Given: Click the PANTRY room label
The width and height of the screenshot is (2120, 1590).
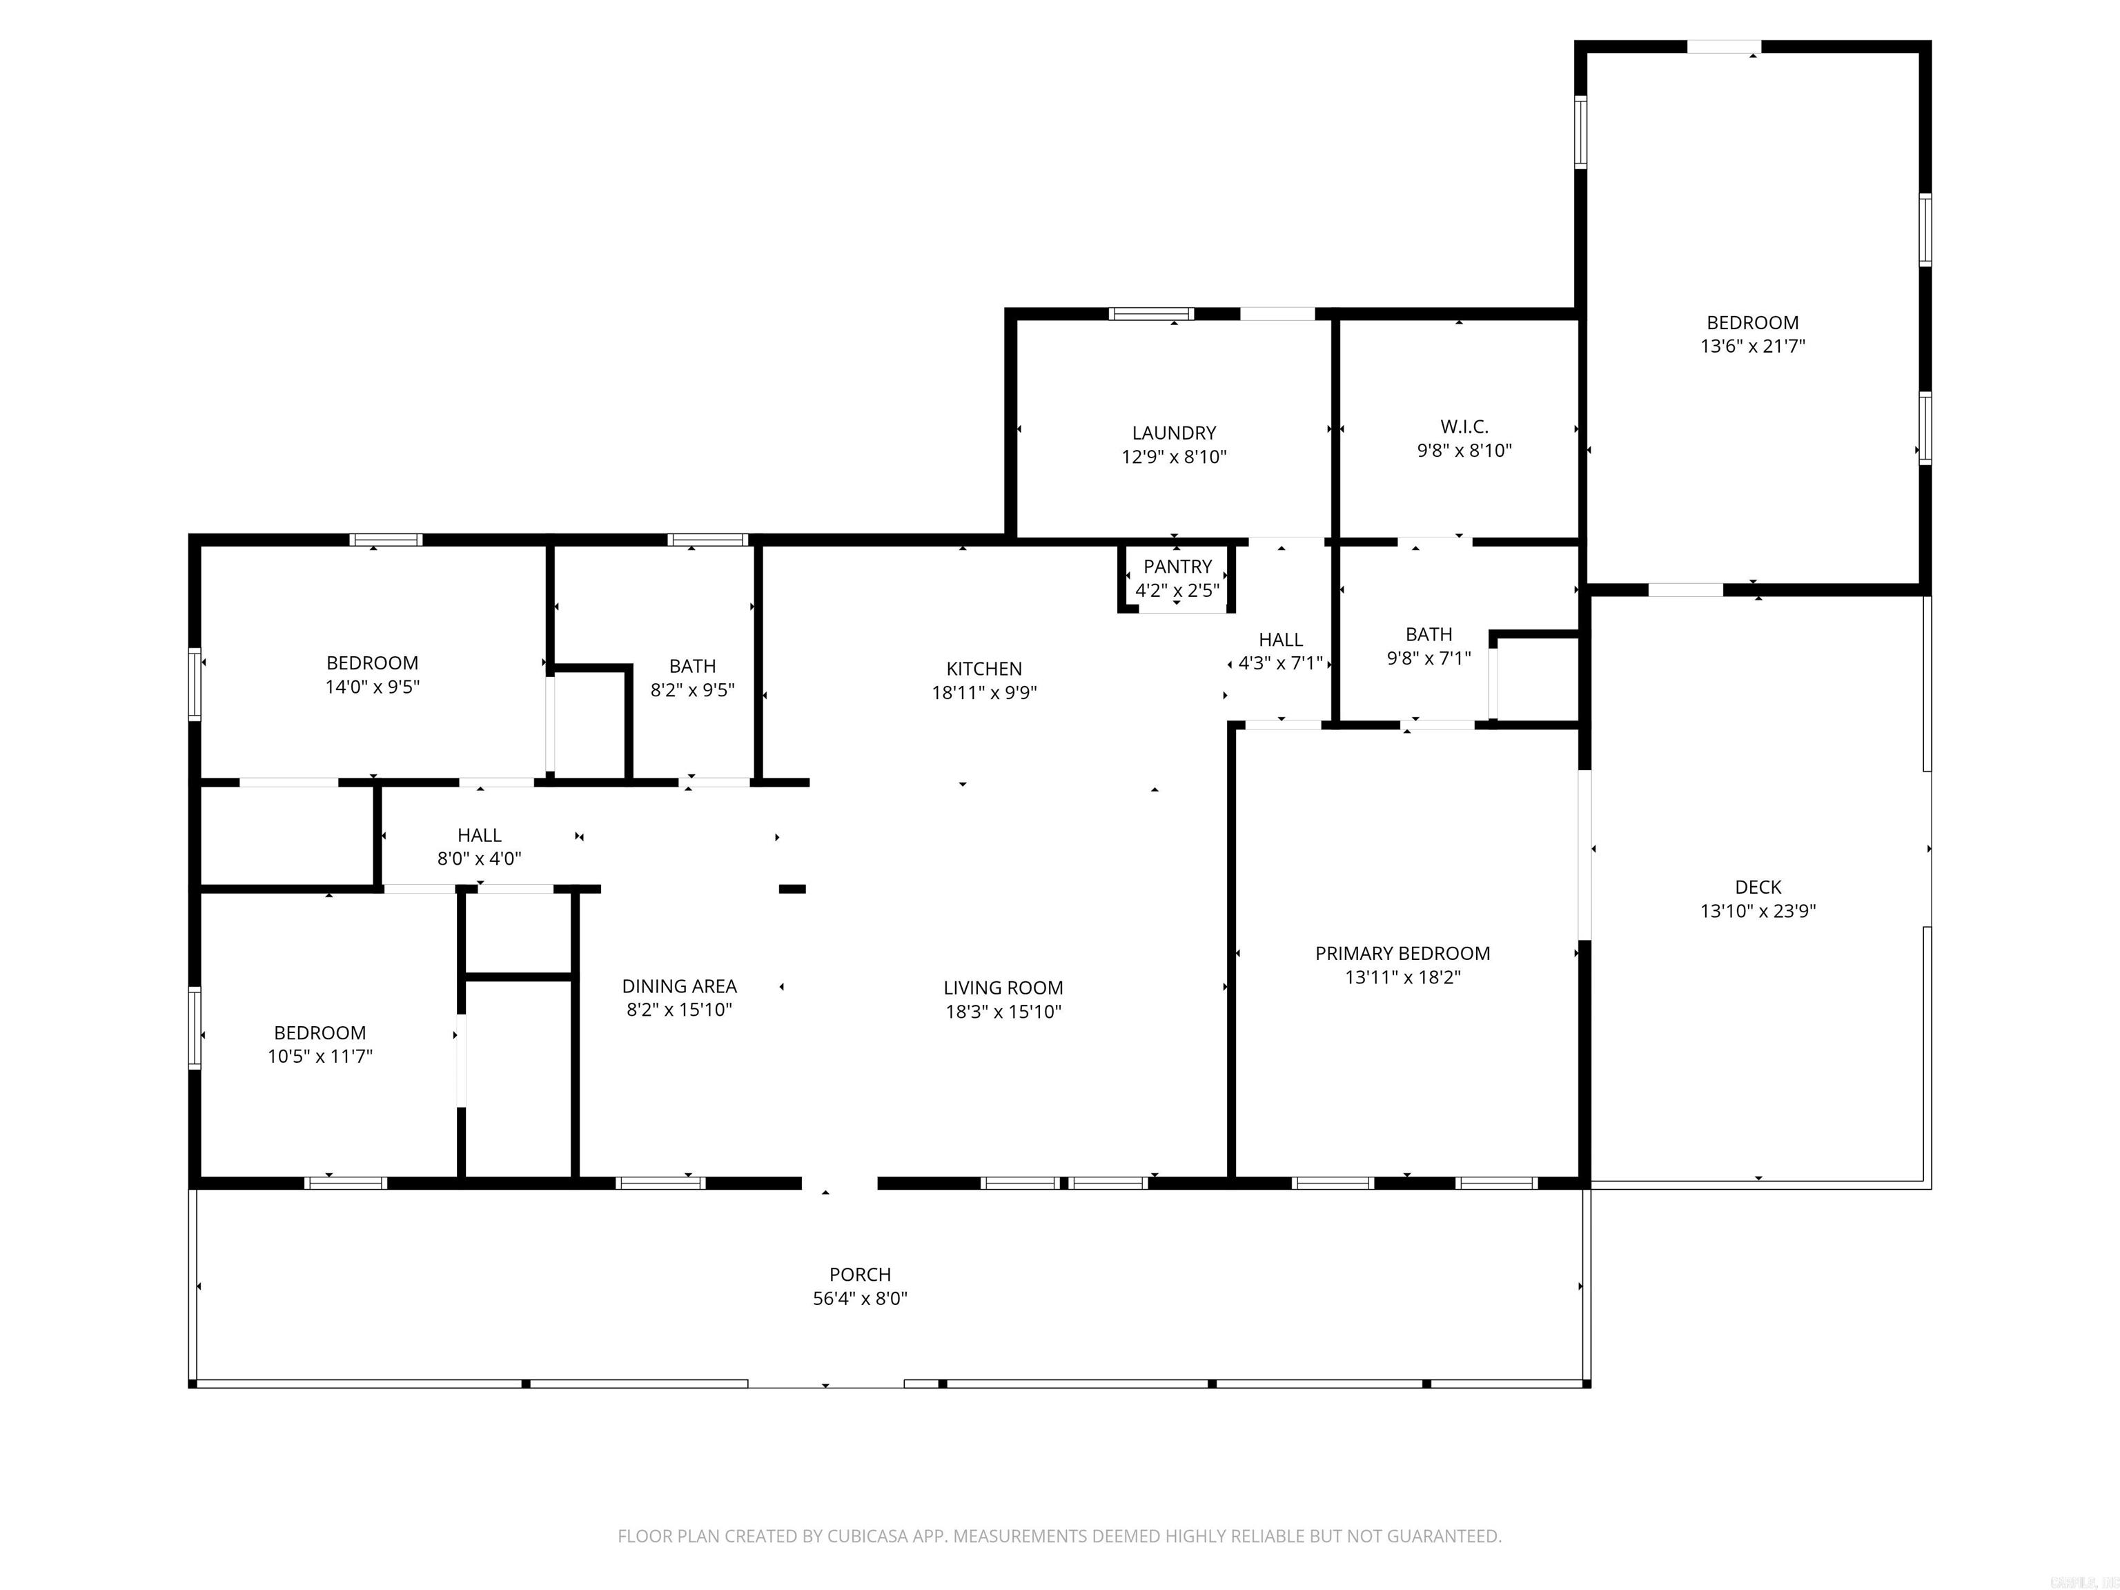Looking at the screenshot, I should (x=1177, y=567).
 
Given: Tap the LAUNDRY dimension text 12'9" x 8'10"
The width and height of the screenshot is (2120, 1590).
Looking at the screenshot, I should (x=1174, y=457).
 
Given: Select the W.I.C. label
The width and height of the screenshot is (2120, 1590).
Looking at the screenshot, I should (x=1464, y=426).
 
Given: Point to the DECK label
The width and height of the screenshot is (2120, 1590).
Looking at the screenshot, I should (x=1758, y=887).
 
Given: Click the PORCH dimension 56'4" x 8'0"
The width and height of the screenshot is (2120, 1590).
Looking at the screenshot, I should (x=860, y=1299).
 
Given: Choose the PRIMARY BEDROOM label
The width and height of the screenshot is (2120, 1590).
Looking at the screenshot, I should (x=1402, y=954).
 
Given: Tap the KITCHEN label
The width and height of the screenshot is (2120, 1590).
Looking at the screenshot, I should (x=984, y=669).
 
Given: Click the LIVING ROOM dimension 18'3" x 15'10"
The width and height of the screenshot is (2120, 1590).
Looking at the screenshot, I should (x=1003, y=1011).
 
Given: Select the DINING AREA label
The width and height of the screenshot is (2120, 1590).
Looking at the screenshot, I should (x=678, y=986).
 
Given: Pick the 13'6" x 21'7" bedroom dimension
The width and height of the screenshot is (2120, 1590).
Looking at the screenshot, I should (x=1753, y=346).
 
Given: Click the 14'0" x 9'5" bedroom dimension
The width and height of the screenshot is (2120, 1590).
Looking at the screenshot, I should (x=372, y=687).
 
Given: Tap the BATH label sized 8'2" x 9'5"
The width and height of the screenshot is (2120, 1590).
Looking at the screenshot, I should (x=692, y=666).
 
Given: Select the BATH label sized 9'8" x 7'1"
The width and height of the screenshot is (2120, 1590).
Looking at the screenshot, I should (x=1428, y=634).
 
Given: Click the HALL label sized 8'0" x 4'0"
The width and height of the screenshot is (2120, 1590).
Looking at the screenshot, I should (x=479, y=836).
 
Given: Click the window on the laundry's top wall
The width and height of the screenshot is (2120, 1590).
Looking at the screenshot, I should (x=1151, y=313).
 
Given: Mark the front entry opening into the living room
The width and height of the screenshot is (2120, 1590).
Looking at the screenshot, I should (x=840, y=1184).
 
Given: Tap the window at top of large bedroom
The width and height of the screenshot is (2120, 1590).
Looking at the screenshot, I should (x=1723, y=46).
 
